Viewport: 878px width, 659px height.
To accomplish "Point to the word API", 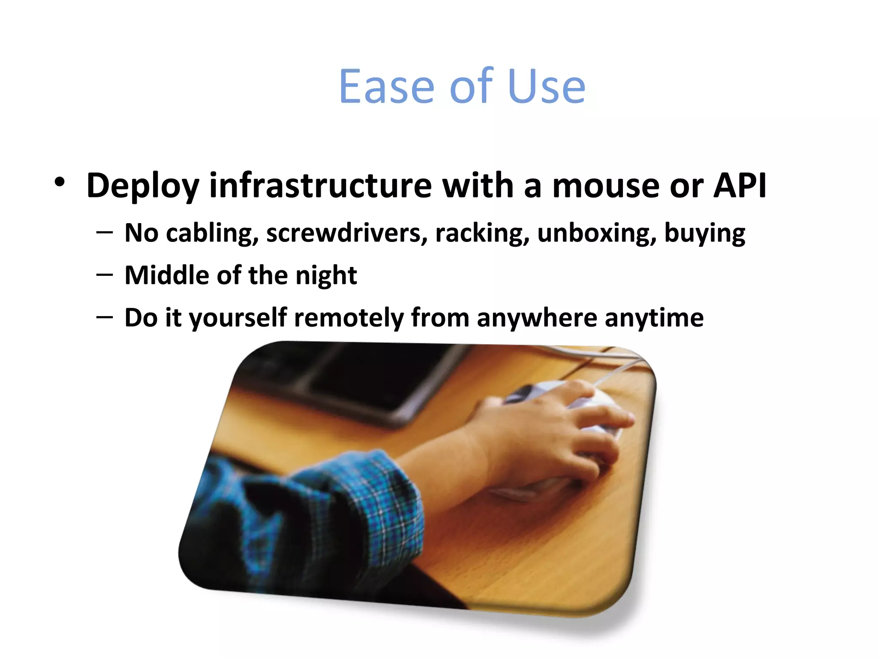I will click(x=740, y=185).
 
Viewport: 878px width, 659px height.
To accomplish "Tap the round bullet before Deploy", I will click(x=60, y=182).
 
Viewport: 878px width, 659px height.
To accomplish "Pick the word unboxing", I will click(x=596, y=233).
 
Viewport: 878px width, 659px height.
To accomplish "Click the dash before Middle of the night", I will click(x=105, y=275).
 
